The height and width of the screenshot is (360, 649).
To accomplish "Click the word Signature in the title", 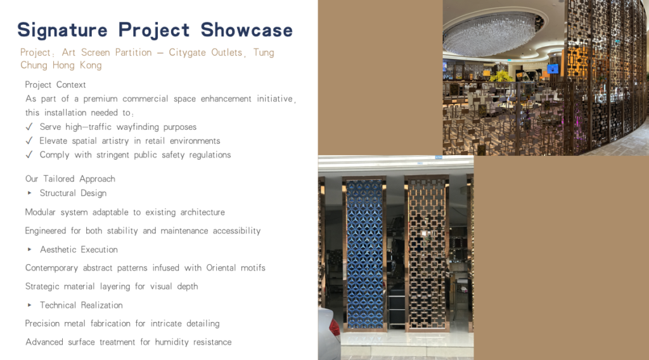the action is [x=62, y=30].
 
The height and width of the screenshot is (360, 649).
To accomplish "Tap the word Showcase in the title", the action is [x=247, y=30].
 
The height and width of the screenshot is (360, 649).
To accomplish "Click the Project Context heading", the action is [x=56, y=84].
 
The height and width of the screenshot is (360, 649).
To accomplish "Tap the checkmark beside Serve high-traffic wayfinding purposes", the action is [x=29, y=127].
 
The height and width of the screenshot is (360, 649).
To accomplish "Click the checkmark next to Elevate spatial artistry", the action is [x=29, y=141].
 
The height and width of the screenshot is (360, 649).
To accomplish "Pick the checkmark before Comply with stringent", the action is [x=29, y=155].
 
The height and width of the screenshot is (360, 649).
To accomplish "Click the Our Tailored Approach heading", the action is [x=70, y=179].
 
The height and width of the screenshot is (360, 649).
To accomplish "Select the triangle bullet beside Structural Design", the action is [x=29, y=193].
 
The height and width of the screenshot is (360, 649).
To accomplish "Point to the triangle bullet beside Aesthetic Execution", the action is [x=29, y=250].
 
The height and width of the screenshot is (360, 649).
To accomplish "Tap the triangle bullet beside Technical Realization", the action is [x=29, y=305].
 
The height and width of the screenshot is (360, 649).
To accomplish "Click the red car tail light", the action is [x=334, y=326].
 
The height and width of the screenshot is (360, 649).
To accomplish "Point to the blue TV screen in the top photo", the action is [x=553, y=68].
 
